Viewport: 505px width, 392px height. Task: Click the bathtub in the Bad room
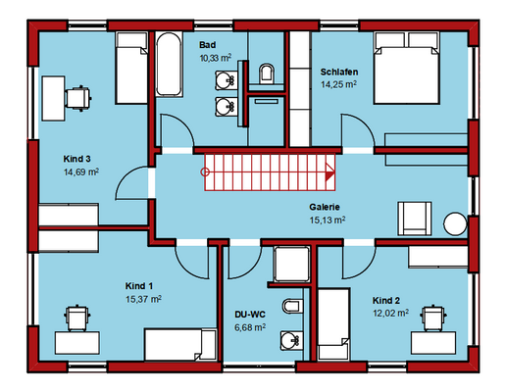169,64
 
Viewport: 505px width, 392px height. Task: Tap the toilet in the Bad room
267,73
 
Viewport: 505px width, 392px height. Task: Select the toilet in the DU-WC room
291,306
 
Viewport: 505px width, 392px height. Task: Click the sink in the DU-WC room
291,340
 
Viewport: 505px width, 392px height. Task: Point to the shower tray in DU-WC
291,264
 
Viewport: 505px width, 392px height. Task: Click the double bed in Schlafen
406,68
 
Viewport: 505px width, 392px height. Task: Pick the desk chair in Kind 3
78,98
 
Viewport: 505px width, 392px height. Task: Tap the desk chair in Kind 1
77,318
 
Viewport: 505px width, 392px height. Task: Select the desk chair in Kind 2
433,318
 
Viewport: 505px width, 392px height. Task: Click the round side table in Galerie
455,223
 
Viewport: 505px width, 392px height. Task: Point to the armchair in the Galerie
415,219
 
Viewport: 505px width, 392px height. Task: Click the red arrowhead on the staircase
330,172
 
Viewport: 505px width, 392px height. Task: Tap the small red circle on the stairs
205,171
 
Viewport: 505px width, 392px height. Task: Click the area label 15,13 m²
328,220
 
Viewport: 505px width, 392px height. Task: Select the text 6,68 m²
250,327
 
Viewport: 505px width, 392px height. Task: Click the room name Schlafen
339,72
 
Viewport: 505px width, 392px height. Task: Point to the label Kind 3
76,159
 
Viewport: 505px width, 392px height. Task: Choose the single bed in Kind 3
131,68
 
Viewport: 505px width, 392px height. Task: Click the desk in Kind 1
77,343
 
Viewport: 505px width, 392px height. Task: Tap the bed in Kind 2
333,324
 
